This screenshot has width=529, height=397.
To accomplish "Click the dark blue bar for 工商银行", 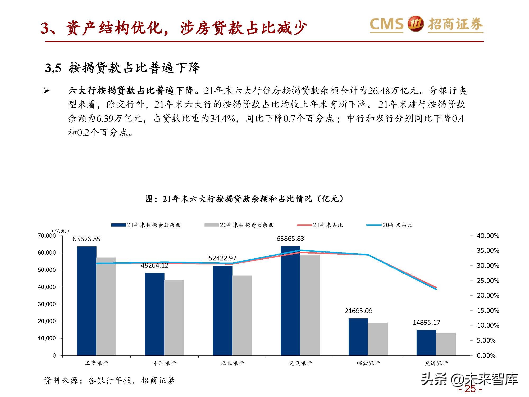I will point(87,301).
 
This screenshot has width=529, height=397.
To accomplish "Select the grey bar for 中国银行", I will point(174,317).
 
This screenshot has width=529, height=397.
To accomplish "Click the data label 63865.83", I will point(290,238).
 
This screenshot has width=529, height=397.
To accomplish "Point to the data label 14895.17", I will point(426,322).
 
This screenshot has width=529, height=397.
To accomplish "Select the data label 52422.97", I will point(222,258).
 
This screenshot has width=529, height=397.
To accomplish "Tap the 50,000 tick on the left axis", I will point(47,270).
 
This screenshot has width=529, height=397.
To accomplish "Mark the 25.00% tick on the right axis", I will point(488,281).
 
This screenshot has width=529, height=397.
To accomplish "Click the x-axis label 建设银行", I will point(300,363).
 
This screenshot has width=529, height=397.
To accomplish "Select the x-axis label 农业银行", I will point(232,363).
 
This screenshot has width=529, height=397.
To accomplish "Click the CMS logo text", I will point(386,24).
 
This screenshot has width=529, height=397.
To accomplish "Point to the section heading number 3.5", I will point(53,68).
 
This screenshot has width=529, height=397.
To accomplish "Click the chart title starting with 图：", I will point(245,198).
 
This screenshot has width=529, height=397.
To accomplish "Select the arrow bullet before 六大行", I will point(47,91).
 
